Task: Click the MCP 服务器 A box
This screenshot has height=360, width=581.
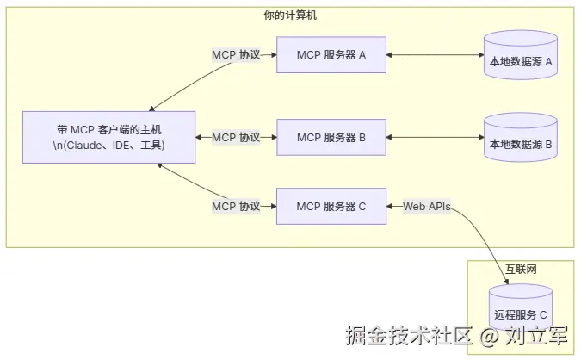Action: tap(331, 55)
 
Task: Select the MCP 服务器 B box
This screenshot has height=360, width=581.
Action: tap(331, 137)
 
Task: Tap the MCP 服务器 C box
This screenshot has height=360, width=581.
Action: tap(331, 206)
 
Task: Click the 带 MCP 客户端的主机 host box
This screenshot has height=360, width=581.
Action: tap(108, 137)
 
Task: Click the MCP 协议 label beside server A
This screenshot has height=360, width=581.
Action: tap(236, 55)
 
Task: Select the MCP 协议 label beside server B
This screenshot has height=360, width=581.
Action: tap(236, 137)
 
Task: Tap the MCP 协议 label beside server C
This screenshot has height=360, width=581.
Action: tap(236, 206)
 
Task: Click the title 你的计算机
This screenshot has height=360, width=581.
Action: tap(290, 16)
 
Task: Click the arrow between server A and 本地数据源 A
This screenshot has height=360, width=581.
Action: tap(435, 55)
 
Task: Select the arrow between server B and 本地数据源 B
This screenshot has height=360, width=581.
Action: tap(435, 137)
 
